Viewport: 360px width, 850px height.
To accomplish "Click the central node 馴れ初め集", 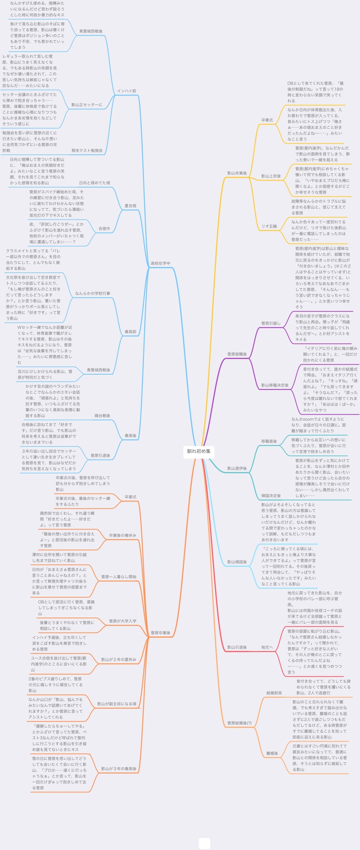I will pos(198,451).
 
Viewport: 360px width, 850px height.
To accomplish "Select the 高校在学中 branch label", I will pos(160,263).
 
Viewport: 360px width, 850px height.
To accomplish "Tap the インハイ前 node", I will pos(126,91).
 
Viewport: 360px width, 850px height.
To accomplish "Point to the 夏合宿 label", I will pos(130,206).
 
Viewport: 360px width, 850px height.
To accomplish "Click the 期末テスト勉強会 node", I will pos(87,150).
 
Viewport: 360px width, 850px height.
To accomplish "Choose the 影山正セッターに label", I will pos(87,105).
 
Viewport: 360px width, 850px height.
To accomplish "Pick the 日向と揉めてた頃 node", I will pos(94,183).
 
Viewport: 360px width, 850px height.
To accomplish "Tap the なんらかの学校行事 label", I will pos(93,293).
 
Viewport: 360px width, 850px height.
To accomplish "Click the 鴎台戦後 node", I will pos(102,416).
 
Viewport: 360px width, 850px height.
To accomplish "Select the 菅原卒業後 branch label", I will pos(160,633).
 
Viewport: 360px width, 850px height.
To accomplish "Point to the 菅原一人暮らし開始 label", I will pos(119,577).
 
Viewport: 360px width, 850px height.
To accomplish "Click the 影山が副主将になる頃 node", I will pos(117,704).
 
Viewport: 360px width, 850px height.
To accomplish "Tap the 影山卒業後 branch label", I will pos(237,173).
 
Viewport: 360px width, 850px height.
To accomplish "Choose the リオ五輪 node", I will pos(269,226).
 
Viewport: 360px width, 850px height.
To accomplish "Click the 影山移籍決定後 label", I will pos(275,385).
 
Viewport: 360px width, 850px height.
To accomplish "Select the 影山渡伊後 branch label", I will pos(237,468).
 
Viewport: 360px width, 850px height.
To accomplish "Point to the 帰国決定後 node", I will pos(271,495).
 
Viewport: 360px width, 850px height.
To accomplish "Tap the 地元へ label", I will pos(267,648).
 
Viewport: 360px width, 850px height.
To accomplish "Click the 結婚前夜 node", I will pos(274,693).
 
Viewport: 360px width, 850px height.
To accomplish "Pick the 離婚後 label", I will pos(272,753).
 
